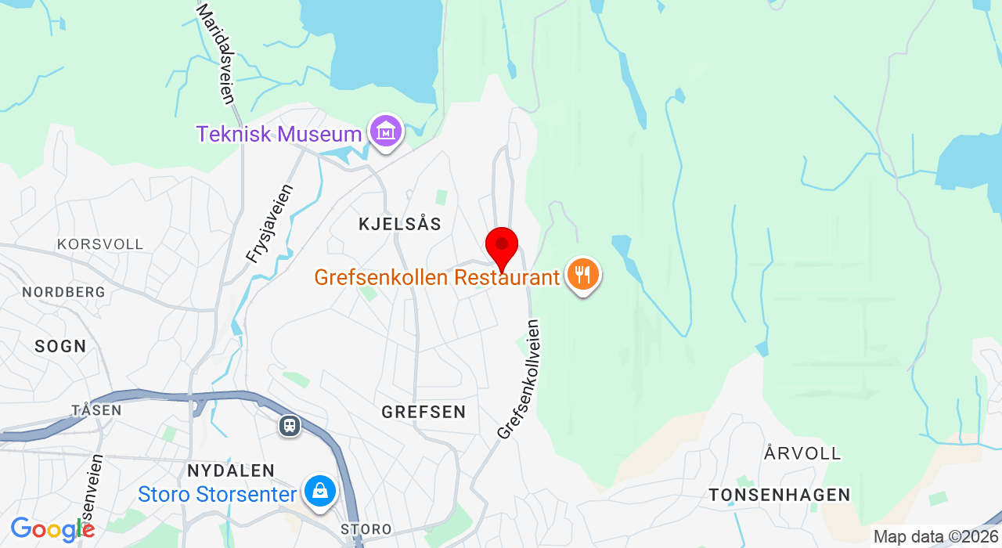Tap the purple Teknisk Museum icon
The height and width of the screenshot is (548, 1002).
pyautogui.click(x=386, y=132)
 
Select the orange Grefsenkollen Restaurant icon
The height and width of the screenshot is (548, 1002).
pyautogui.click(x=583, y=275)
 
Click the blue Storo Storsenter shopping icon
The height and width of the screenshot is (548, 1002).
pyautogui.click(x=320, y=492)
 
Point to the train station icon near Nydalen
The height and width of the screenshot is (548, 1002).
pyautogui.click(x=290, y=426)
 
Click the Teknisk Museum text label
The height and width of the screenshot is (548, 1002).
pyautogui.click(x=279, y=134)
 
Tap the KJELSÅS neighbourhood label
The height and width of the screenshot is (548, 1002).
pyautogui.click(x=400, y=224)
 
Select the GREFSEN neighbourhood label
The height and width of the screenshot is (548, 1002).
pyautogui.click(x=424, y=412)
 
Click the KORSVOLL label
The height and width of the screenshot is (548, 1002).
pyautogui.click(x=100, y=244)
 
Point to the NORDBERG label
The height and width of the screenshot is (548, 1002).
pyautogui.click(x=63, y=292)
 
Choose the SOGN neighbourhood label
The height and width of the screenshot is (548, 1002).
pyautogui.click(x=60, y=346)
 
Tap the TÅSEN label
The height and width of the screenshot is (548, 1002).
pyautogui.click(x=96, y=410)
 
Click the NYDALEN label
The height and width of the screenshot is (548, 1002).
pyautogui.click(x=231, y=470)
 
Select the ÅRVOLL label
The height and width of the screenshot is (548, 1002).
pyautogui.click(x=802, y=453)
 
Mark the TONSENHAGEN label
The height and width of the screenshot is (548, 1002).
pyautogui.click(x=780, y=495)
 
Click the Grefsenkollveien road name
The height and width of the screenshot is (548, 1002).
pyautogui.click(x=519, y=379)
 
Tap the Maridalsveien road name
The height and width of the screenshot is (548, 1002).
pyautogui.click(x=216, y=53)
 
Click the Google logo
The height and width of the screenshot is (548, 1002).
pyautogui.click(x=52, y=529)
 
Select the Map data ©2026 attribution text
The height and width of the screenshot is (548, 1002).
pyautogui.click(x=935, y=537)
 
